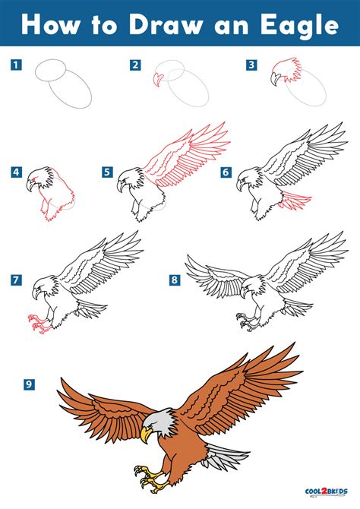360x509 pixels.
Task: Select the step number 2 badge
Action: tap(135, 65)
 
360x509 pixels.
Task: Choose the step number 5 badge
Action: tap(109, 172)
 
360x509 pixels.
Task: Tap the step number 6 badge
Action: tap(226, 172)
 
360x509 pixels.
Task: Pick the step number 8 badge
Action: tap(174, 280)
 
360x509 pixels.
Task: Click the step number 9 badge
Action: tap(29, 385)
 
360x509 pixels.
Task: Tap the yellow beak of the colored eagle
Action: tap(146, 434)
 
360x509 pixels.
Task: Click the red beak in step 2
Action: tap(157, 80)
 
